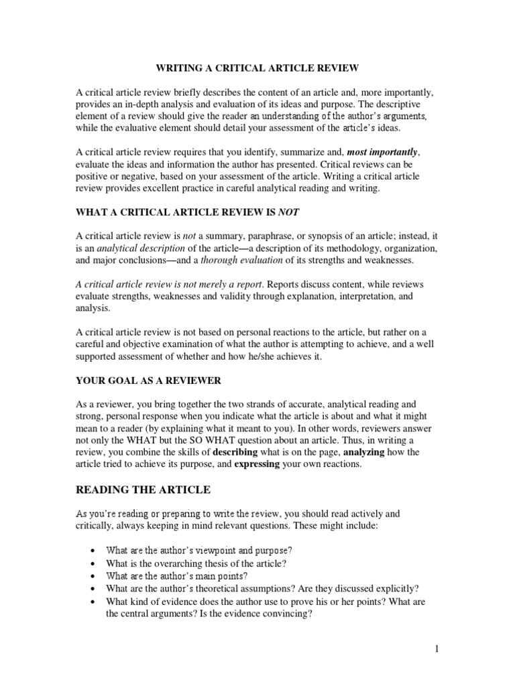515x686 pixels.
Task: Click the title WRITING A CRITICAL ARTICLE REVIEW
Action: [x=258, y=68]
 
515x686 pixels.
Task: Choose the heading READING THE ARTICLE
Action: [x=144, y=490]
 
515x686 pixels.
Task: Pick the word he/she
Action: [x=252, y=357]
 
